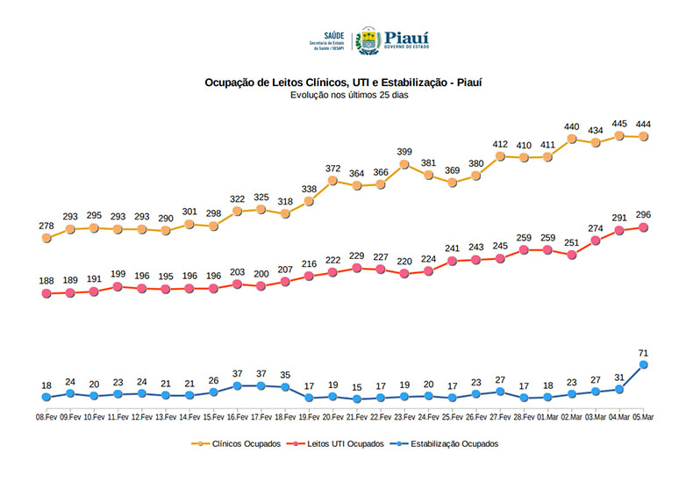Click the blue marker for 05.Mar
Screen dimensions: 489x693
[x=644, y=364]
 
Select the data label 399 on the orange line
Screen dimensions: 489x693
[x=404, y=152]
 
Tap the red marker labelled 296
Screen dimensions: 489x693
[x=644, y=227]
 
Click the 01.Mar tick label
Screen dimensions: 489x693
[x=548, y=418]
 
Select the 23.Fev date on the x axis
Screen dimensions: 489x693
[x=404, y=418]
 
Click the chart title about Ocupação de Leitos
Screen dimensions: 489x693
[x=344, y=83]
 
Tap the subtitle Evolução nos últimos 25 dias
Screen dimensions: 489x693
[x=344, y=95]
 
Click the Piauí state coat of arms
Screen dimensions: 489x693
[x=367, y=40]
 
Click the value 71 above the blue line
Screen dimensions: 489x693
[x=644, y=352]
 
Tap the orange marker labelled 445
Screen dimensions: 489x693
[x=620, y=135]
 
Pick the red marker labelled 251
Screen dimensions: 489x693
[x=572, y=255]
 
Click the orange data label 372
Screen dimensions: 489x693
[x=332, y=169]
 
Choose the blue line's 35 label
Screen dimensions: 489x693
[x=285, y=375]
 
